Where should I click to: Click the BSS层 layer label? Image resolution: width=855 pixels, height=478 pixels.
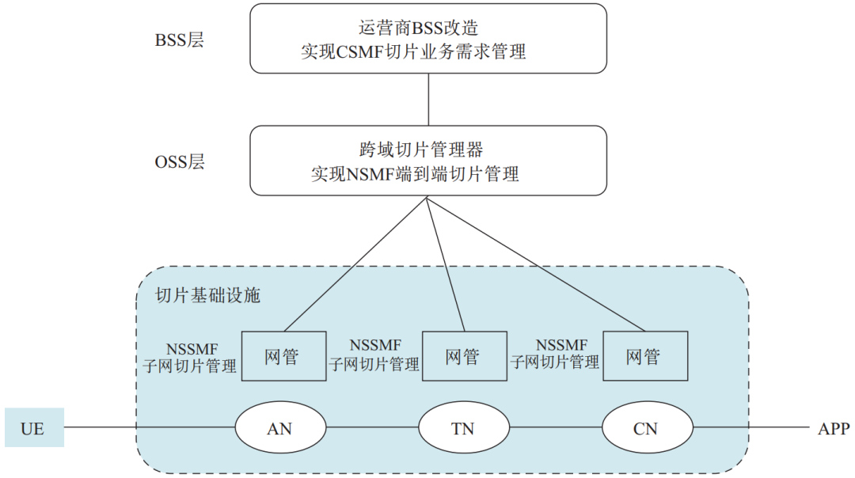(180, 40)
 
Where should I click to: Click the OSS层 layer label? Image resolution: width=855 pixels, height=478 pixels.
(180, 162)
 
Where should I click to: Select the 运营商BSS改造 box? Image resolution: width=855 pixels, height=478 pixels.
(428, 38)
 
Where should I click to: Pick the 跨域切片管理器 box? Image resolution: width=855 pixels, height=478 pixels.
(428, 161)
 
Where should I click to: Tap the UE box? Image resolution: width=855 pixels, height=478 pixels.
(33, 429)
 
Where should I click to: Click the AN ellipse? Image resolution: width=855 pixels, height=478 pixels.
(280, 429)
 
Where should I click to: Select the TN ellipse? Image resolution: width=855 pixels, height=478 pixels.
(464, 429)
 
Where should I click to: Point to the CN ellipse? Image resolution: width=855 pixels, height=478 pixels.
(647, 429)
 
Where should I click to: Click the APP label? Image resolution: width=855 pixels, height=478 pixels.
(834, 429)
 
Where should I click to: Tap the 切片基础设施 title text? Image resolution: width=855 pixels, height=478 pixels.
(208, 296)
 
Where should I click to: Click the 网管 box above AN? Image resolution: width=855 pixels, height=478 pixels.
(282, 356)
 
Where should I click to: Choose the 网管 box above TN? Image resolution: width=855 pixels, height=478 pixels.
(463, 356)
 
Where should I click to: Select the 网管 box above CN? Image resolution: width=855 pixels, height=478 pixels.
(644, 356)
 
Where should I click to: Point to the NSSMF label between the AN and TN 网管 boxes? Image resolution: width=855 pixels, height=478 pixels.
(375, 345)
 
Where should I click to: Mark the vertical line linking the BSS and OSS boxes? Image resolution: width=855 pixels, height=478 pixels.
(428, 99)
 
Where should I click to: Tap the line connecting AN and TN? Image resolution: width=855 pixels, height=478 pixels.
(372, 428)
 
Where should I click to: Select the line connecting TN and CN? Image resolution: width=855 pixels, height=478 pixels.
(555, 428)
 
